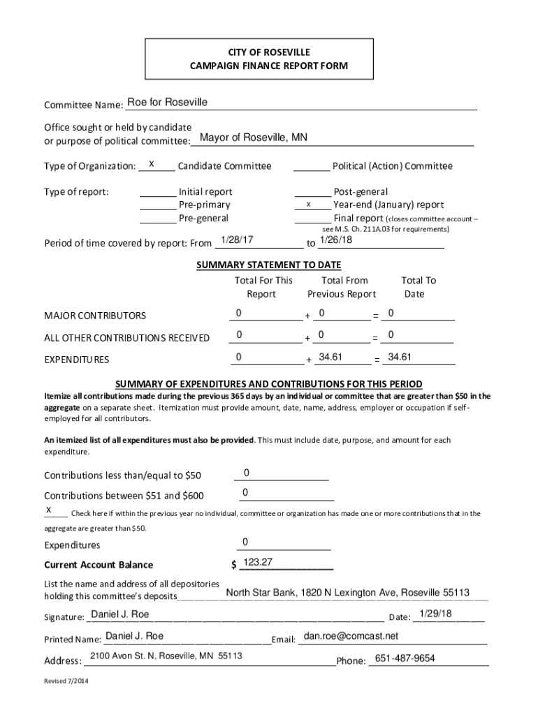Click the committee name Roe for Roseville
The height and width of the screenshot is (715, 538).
coord(167,103)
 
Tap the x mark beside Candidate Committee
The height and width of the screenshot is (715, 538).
coord(151,165)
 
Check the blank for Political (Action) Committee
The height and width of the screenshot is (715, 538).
coord(311,166)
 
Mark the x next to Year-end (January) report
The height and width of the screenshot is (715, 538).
coord(308,205)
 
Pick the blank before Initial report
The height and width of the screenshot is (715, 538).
coord(157,192)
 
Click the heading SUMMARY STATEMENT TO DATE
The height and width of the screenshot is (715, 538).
coord(268,265)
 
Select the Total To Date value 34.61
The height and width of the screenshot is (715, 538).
coord(400,357)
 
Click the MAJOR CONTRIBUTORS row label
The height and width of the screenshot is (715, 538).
coord(95,316)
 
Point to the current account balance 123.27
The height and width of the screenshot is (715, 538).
coord(257,562)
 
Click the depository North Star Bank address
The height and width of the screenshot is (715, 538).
coord(347,593)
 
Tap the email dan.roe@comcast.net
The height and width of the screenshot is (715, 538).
coord(351,636)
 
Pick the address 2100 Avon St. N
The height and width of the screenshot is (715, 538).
coord(166,656)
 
